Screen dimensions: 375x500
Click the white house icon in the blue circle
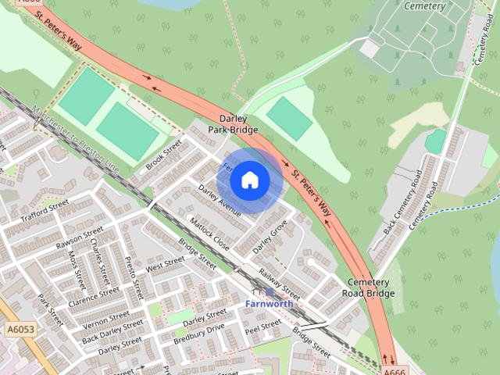click(249, 180)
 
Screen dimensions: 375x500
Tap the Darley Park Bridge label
click(228, 123)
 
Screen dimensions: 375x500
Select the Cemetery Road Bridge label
click(368, 287)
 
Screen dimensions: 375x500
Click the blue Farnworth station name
click(269, 302)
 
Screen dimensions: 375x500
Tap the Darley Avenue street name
click(220, 199)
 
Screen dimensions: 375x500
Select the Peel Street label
click(262, 327)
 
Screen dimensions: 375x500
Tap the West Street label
click(165, 266)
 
